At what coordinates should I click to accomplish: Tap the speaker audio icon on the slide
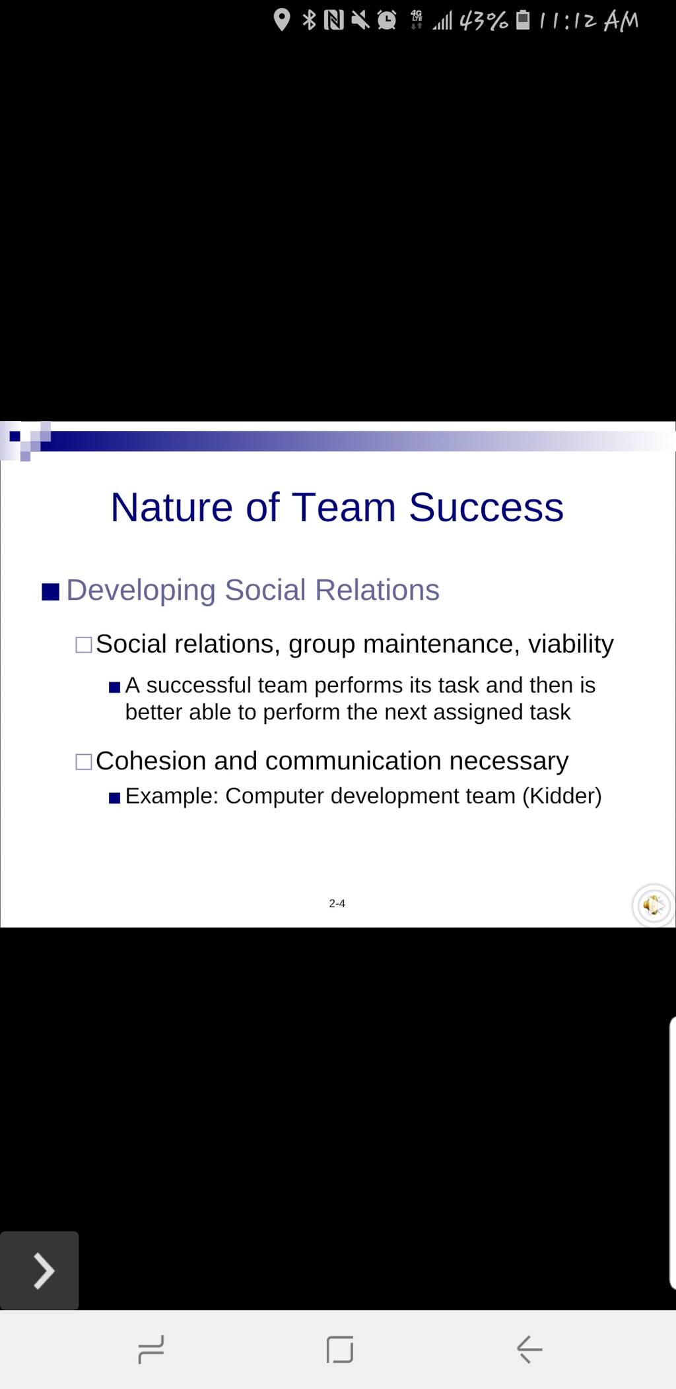click(653, 906)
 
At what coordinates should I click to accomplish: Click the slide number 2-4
click(337, 903)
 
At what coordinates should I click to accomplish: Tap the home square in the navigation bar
click(339, 1349)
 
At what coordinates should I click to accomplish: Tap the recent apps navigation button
click(151, 1349)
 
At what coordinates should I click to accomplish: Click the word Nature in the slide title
click(171, 507)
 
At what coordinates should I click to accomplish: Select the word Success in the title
click(486, 507)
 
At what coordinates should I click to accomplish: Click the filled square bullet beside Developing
click(51, 591)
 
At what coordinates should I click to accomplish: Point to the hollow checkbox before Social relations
click(84, 645)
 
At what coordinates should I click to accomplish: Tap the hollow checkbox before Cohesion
click(84, 762)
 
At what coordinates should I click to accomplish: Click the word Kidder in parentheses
click(562, 796)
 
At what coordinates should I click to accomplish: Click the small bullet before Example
click(114, 798)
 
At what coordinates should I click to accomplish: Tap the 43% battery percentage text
click(483, 22)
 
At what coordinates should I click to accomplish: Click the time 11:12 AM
click(588, 22)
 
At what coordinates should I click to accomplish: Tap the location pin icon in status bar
click(282, 20)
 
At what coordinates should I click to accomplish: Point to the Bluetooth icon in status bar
click(309, 20)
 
